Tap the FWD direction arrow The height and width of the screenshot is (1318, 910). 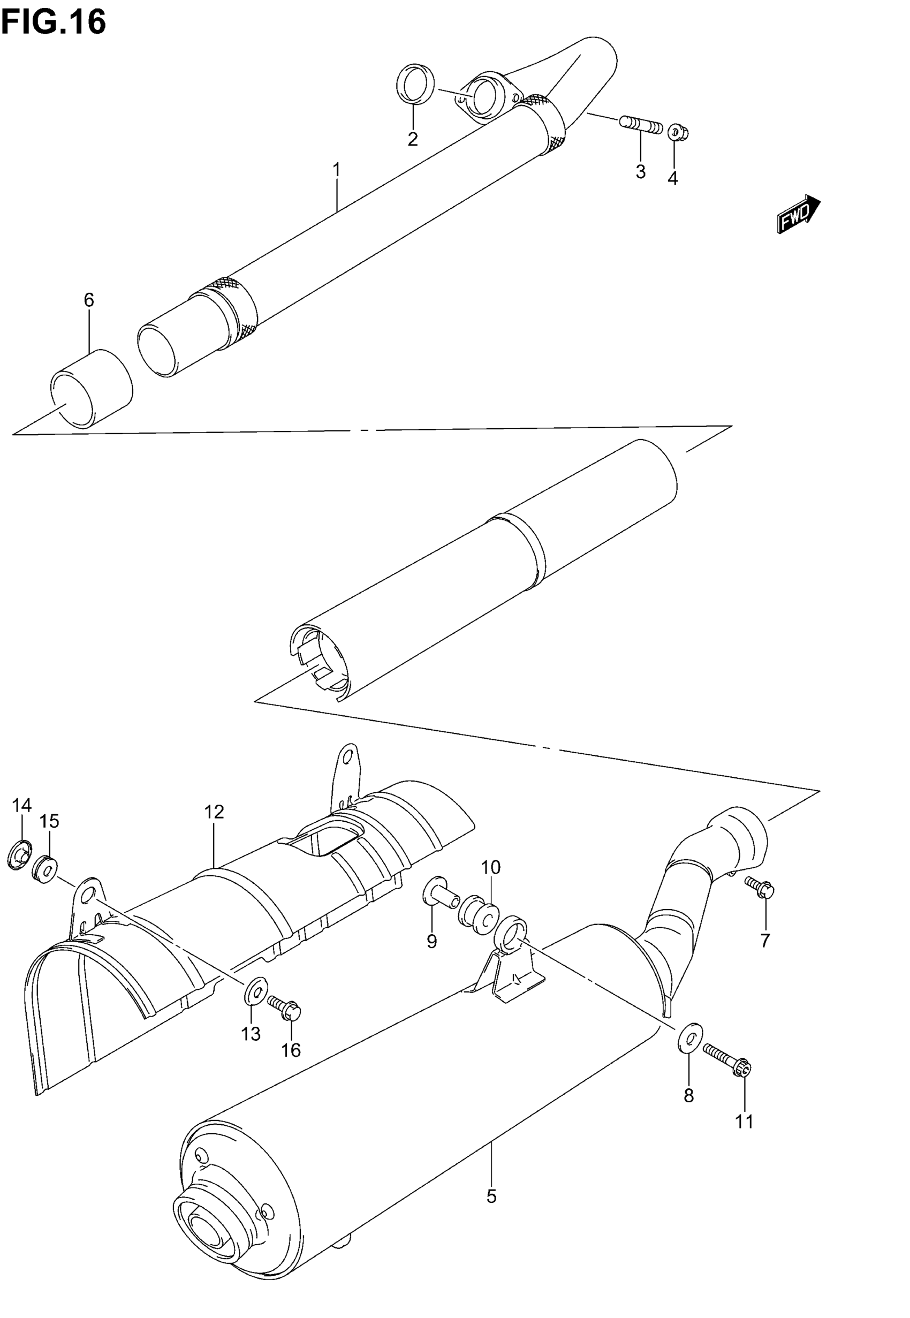point(798,214)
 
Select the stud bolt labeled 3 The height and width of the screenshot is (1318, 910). point(640,125)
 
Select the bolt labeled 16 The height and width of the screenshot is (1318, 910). point(285,1008)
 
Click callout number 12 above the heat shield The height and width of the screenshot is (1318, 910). point(215,812)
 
